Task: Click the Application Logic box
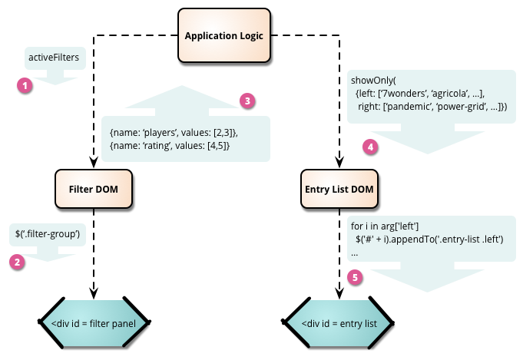coord(224,35)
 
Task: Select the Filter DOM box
coord(94,189)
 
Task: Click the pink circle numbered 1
coord(25,86)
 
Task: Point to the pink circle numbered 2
coord(16,262)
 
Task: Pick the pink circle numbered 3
coord(247,101)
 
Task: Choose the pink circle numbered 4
coord(371,146)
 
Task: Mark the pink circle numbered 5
coord(354,279)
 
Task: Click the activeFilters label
coord(55,57)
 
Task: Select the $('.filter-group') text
coord(48,233)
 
